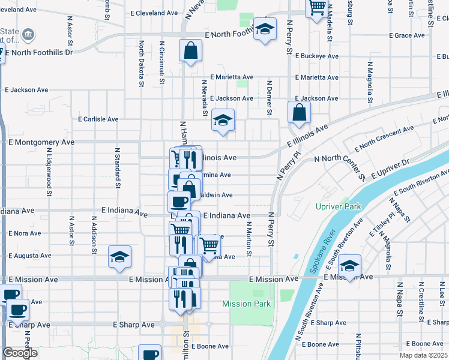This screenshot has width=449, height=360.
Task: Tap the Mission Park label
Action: [246, 304]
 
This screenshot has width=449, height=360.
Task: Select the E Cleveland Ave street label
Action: [154, 13]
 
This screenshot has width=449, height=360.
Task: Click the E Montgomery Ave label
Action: [41, 142]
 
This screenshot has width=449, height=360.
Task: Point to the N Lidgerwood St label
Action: [49, 172]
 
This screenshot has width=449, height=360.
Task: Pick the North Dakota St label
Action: [142, 64]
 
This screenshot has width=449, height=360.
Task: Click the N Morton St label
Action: [249, 237]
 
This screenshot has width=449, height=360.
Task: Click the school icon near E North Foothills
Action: [264, 29]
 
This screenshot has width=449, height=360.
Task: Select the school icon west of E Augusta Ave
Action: [119, 257]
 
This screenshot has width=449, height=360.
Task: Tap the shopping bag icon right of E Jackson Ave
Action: [298, 112]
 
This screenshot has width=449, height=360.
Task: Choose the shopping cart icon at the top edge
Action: [317, 8]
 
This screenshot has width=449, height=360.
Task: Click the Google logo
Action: [20, 353]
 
